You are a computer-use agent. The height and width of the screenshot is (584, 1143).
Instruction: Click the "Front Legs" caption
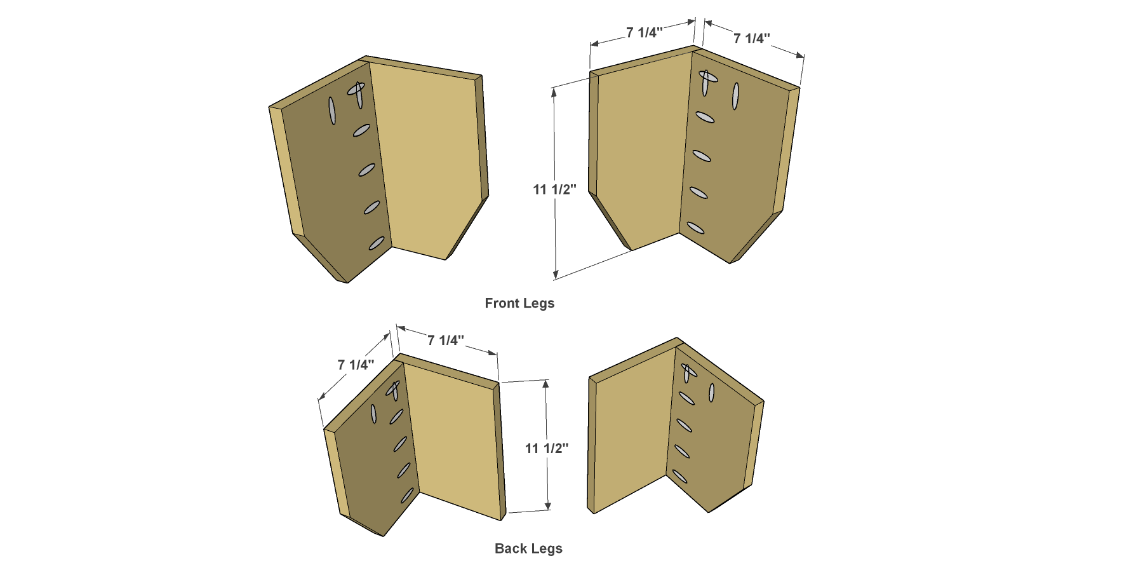pos(519,304)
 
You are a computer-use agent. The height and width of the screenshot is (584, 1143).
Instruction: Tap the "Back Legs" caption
pos(528,548)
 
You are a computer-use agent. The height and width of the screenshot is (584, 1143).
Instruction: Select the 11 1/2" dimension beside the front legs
pos(554,189)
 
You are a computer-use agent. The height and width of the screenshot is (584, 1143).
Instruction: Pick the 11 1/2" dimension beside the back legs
pos(546,449)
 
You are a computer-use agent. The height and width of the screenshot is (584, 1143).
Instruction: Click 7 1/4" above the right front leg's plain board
pos(644,32)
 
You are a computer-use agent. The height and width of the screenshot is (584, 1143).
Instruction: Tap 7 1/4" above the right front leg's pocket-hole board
pos(752,39)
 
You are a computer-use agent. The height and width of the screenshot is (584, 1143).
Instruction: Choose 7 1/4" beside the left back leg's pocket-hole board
pos(356,365)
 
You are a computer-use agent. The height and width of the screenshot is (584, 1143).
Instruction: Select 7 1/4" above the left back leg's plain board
pos(446,341)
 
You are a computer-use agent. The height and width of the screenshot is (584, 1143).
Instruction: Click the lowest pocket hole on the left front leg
pos(377,243)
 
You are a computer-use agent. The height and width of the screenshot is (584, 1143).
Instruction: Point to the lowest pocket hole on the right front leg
pos(695,227)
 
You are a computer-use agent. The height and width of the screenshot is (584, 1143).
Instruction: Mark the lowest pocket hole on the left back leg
pos(407,495)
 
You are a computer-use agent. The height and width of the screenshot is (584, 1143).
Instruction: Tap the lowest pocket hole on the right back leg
pos(680,476)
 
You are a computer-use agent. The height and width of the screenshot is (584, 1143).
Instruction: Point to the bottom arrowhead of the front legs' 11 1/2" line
pos(556,274)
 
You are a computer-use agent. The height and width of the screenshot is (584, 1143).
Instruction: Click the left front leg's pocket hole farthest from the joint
pos(332,111)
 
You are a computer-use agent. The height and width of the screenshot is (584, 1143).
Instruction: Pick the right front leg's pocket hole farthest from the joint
pos(736,96)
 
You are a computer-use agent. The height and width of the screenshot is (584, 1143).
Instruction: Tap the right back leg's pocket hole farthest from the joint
pos(712,393)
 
